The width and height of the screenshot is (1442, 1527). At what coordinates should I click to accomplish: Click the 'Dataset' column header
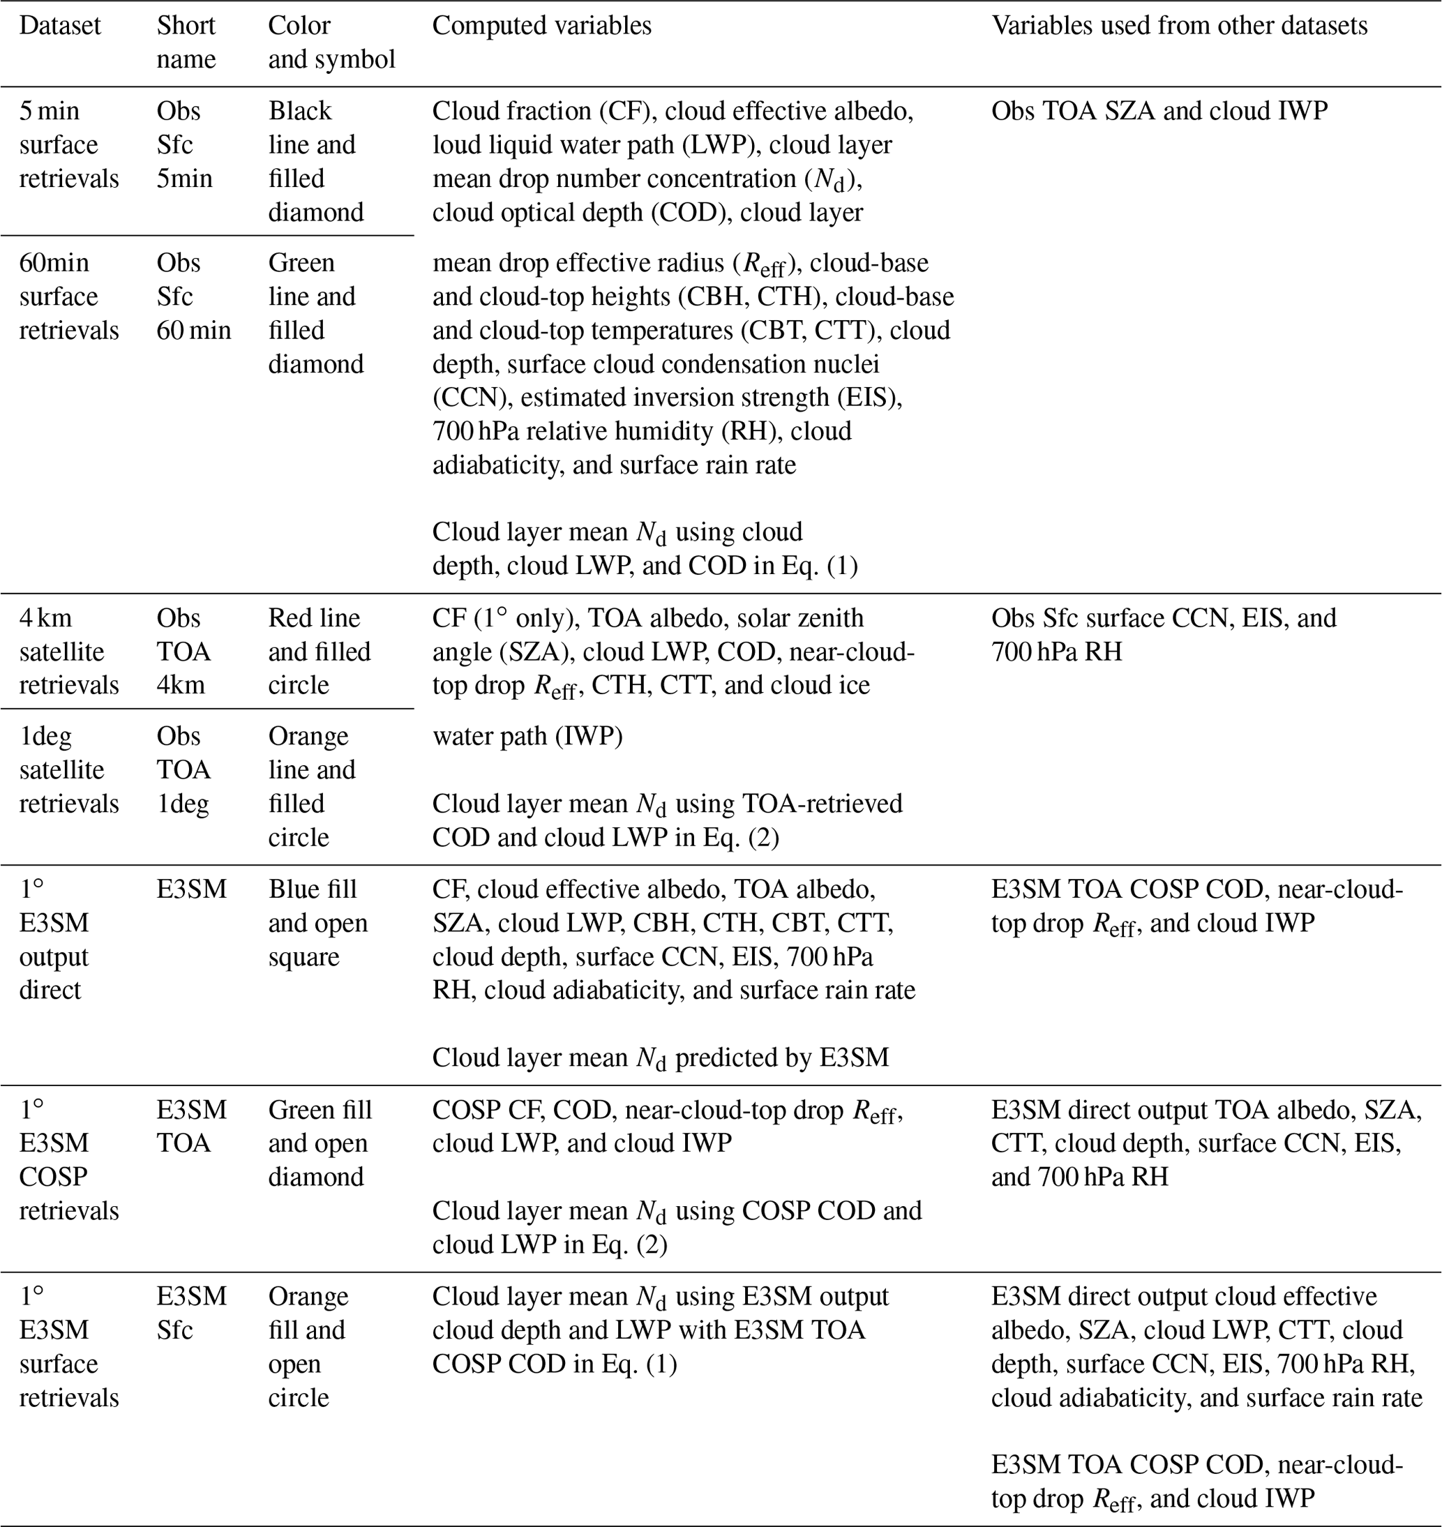coord(60,25)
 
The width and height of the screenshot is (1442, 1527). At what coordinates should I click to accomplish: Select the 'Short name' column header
coord(186,43)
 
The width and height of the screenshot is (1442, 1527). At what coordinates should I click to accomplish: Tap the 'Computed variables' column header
coord(541,25)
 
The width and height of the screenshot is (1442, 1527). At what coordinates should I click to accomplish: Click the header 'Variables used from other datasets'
coord(1179,25)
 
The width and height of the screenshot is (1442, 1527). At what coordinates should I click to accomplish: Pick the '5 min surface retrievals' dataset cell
coord(68,144)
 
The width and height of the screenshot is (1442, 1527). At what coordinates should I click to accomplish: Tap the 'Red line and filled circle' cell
coord(319,651)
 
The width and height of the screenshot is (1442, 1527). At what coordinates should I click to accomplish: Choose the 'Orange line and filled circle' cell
coord(311,786)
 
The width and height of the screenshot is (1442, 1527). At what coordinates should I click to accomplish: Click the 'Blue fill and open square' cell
coord(317,922)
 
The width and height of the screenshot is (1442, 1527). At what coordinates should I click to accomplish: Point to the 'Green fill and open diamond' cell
coord(319,1143)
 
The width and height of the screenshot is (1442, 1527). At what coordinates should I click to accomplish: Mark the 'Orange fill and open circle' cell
coord(308,1346)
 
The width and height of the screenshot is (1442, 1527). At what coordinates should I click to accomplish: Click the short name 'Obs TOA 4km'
coord(183,651)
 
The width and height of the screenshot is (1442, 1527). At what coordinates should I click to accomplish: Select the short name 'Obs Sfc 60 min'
coord(193,296)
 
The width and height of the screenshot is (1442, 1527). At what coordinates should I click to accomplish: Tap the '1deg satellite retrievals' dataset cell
coord(68,769)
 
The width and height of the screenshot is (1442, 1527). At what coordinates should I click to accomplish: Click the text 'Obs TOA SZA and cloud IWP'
coord(1159,111)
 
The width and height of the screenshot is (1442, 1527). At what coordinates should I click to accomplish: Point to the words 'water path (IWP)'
coord(527,736)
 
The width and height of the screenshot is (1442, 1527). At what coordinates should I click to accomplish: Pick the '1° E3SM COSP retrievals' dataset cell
coord(68,1159)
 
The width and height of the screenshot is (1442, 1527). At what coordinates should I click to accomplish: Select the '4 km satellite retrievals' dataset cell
coord(68,651)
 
